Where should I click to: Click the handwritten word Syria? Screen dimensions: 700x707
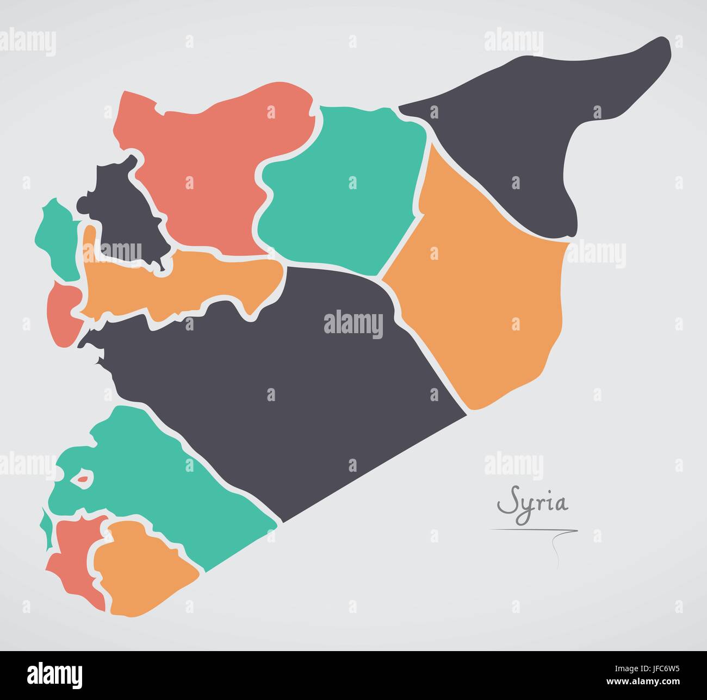(x=533, y=504)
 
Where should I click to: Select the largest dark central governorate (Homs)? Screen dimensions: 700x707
(x=305, y=380)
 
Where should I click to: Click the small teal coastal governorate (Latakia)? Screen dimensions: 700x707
(x=57, y=239)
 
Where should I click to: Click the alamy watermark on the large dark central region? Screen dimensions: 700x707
(x=353, y=324)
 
